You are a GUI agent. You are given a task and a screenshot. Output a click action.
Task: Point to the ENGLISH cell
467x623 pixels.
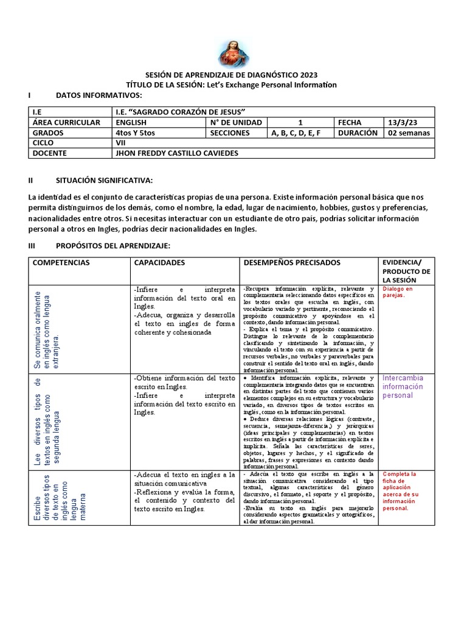pos(131,122)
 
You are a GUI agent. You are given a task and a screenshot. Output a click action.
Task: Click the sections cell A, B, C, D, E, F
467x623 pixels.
pos(296,133)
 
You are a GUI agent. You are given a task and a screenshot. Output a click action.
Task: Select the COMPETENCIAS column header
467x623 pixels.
pos(61,262)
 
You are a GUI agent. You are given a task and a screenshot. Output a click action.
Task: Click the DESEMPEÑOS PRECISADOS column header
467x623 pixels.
pos(292,262)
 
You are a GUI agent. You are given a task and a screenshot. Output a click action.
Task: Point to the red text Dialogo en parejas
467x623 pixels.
pos(398,293)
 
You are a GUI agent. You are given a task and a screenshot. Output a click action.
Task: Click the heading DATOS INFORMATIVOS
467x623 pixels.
pos(99,96)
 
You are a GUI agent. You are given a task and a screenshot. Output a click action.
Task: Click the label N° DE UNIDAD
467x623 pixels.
pos(236,122)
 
